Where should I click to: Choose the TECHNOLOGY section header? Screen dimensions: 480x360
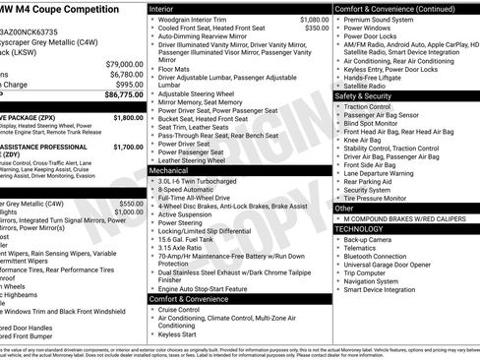[359, 228]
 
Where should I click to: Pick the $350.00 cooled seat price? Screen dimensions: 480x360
[317, 29]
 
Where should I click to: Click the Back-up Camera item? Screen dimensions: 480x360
[367, 239]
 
